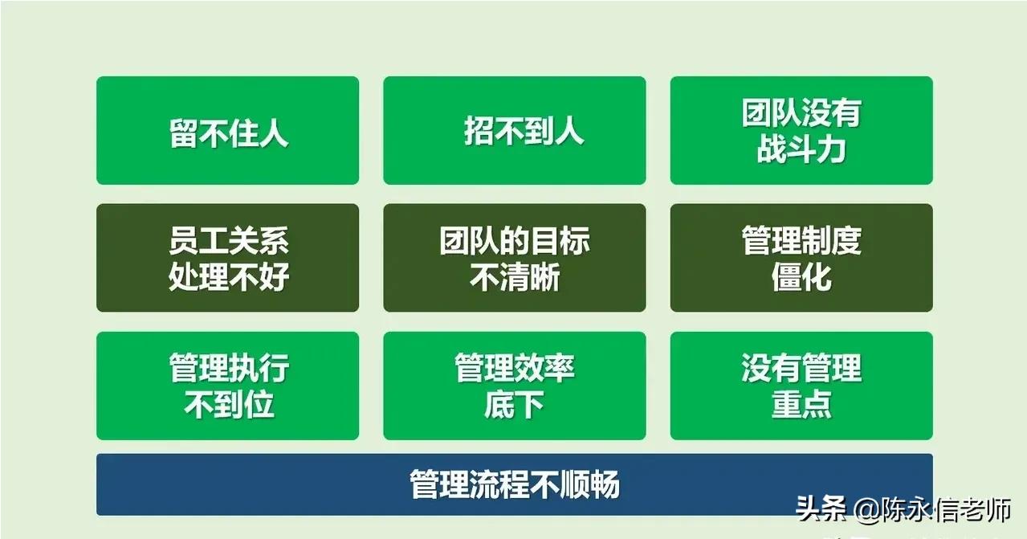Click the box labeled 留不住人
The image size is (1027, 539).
tap(227, 130)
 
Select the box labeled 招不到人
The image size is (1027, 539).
tap(515, 130)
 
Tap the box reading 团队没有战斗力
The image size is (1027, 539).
tap(801, 130)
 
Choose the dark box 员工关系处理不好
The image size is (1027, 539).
tap(227, 258)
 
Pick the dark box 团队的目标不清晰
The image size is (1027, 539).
tap(515, 258)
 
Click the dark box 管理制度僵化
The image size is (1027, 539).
tap(801, 258)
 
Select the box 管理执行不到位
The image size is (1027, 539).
tap(227, 386)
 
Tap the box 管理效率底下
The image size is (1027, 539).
tap(515, 386)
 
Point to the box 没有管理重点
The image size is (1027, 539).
tap(801, 386)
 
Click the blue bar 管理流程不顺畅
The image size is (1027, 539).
tap(515, 484)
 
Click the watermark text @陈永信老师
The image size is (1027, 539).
tap(933, 509)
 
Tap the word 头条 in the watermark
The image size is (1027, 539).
tap(821, 508)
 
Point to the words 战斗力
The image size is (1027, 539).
tap(801, 149)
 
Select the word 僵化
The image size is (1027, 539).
tap(801, 276)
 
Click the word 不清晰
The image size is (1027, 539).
tap(515, 277)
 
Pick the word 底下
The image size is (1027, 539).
tap(514, 404)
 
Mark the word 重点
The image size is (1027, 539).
tap(801, 404)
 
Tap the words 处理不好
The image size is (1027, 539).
tap(229, 276)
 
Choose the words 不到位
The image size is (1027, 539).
tap(229, 404)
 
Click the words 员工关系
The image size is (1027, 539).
tap(229, 240)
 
